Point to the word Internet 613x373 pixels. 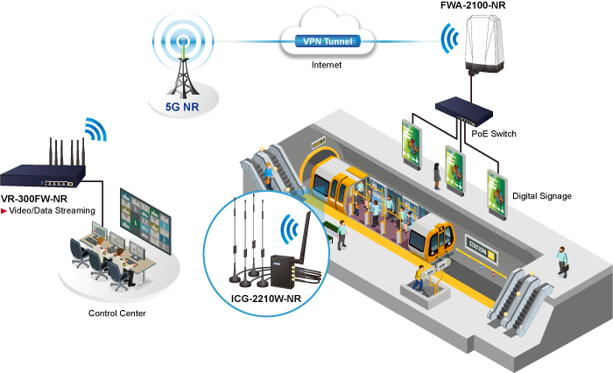point(325,65)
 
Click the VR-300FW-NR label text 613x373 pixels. point(37,200)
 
